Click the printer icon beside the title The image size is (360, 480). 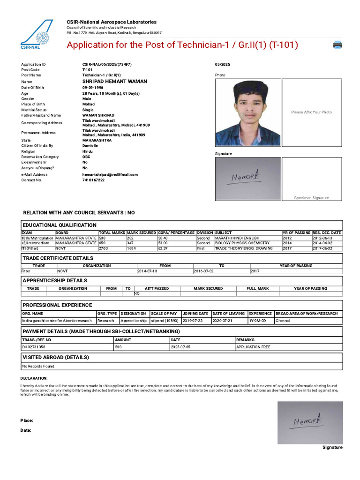[x=337, y=45]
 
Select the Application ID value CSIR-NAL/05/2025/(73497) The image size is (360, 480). [x=107, y=64]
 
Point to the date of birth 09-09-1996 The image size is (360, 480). [x=93, y=88]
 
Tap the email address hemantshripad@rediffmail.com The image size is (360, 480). [x=110, y=174]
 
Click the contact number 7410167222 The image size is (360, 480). [x=94, y=180]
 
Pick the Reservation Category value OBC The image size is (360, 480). [x=87, y=157]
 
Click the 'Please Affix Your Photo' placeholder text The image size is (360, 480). [x=311, y=112]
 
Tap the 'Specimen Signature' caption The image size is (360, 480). [x=311, y=198]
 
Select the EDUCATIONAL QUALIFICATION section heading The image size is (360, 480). [x=60, y=225]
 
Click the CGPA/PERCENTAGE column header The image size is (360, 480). [x=176, y=232]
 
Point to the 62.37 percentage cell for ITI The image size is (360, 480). [x=163, y=248]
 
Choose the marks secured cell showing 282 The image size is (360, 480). [x=131, y=238]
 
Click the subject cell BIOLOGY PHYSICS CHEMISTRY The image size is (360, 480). [x=242, y=243]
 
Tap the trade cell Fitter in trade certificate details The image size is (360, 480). [x=26, y=271]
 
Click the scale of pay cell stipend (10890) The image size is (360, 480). [x=164, y=321]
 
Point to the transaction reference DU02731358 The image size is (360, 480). [x=34, y=347]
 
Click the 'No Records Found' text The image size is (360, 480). [x=38, y=366]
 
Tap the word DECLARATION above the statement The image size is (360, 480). [x=34, y=378]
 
